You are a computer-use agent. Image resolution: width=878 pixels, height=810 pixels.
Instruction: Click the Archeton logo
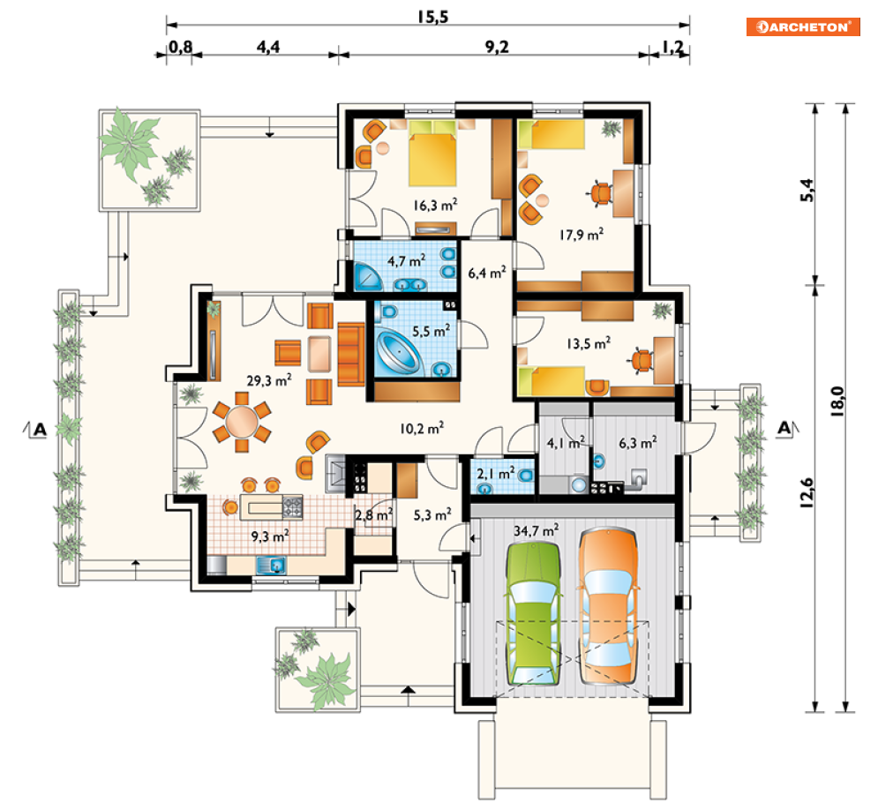coord(802,26)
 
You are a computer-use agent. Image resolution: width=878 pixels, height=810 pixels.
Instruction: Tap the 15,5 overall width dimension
coord(433,17)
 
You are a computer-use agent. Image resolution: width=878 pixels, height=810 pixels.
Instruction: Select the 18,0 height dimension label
coord(837,401)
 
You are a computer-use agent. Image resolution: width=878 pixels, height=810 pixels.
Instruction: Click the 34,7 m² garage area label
coord(536,529)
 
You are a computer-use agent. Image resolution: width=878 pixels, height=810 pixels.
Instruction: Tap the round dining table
coord(242,422)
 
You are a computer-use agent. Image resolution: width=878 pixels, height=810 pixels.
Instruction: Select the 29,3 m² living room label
coord(269,380)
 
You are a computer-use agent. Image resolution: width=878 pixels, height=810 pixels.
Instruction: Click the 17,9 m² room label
coord(582,235)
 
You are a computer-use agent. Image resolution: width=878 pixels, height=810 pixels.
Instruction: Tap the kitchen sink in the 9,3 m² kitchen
coord(271,566)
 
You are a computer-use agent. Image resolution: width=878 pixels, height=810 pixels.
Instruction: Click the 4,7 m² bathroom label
coord(406,260)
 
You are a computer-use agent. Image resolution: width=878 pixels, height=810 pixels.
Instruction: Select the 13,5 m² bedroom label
coord(589,343)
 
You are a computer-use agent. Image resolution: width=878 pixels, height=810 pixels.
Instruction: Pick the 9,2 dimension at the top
coord(497,47)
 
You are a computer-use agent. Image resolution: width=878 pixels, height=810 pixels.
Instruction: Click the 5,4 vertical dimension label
coord(807,190)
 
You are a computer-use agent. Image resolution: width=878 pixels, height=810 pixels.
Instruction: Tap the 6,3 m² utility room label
coord(638,443)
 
